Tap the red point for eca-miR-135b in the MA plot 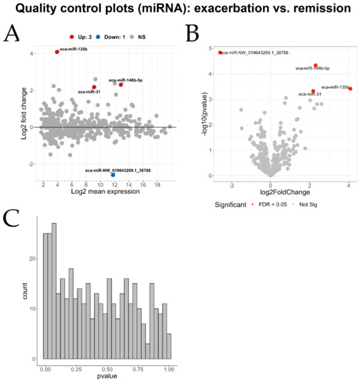[57, 52]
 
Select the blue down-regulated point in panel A [113, 175]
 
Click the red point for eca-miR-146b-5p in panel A [120, 85]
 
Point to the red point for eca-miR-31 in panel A [94, 87]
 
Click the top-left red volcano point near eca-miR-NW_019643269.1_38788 [220, 53]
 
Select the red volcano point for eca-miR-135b [350, 89]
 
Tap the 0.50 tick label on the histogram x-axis [106, 370]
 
